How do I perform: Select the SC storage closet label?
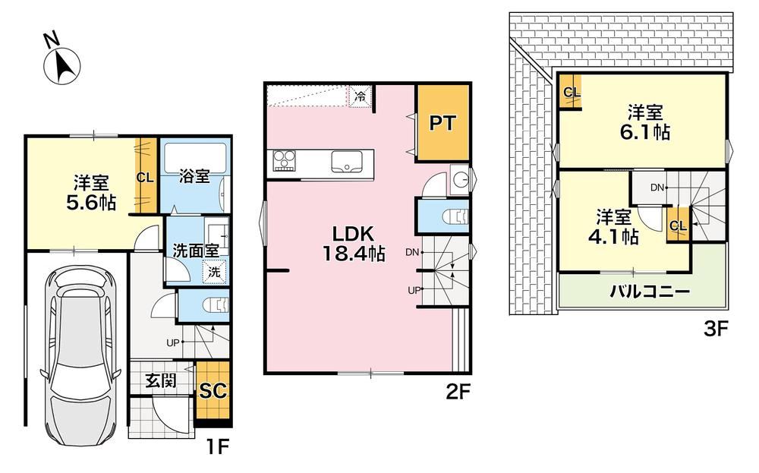[x=213, y=391]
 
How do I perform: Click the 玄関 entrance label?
[x=161, y=381]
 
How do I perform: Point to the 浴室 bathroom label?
[x=194, y=175]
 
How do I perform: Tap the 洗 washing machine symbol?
[x=214, y=272]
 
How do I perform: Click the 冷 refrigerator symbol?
[x=360, y=96]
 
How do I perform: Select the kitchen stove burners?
[x=284, y=161]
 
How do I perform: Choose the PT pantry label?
[x=442, y=123]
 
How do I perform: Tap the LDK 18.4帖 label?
[x=354, y=244]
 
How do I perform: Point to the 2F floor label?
[x=458, y=392]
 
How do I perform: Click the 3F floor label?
[x=716, y=330]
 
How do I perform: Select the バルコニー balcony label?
[x=650, y=292]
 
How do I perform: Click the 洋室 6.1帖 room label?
[x=645, y=122]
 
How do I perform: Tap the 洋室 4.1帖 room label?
[x=614, y=226]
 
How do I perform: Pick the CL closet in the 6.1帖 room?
[x=572, y=92]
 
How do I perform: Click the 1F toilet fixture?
[x=216, y=306]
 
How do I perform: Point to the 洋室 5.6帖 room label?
[x=91, y=193]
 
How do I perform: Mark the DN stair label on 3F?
[x=657, y=188]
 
